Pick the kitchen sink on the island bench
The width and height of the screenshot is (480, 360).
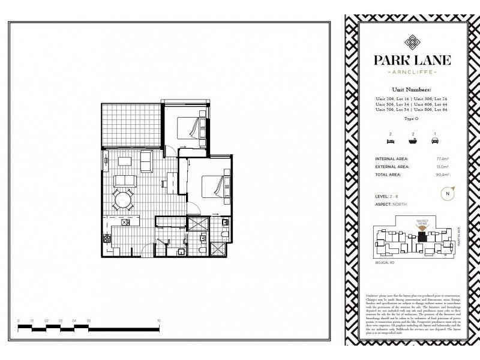(x=126, y=223)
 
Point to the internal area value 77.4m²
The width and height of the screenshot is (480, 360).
(x=443, y=159)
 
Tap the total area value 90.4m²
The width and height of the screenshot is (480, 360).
(x=443, y=174)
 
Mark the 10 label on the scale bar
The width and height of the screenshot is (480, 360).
(x=158, y=321)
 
